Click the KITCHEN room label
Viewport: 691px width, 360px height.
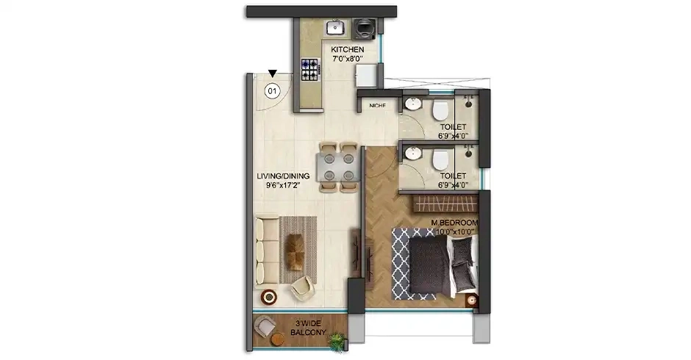(347, 50)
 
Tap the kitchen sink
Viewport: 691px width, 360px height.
(334, 28)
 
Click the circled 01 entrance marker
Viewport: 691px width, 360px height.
(272, 91)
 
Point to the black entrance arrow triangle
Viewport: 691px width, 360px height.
(273, 73)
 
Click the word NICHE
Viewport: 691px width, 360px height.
(378, 106)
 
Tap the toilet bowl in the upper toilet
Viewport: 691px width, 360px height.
(440, 111)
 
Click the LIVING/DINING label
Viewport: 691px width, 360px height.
(282, 176)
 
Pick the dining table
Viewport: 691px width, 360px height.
(329, 167)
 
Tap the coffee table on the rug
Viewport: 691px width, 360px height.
(296, 251)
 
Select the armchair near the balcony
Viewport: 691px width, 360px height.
(302, 288)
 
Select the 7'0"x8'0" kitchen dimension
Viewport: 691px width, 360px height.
(347, 60)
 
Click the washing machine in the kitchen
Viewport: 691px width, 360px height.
(364, 28)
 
